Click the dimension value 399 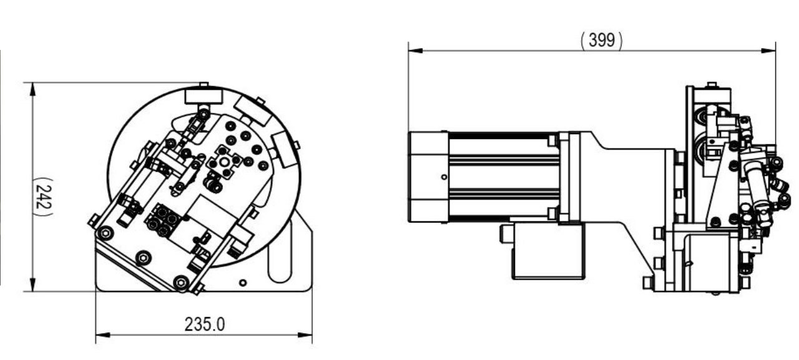[602, 40]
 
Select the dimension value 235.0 [205, 324]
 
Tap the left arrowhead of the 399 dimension [416, 51]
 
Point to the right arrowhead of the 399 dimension [768, 51]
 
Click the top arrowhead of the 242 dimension [33, 89]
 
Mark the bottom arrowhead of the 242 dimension [33, 285]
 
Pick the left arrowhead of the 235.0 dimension [103, 335]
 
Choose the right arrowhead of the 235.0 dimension [305, 335]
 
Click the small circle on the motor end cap [444, 177]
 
